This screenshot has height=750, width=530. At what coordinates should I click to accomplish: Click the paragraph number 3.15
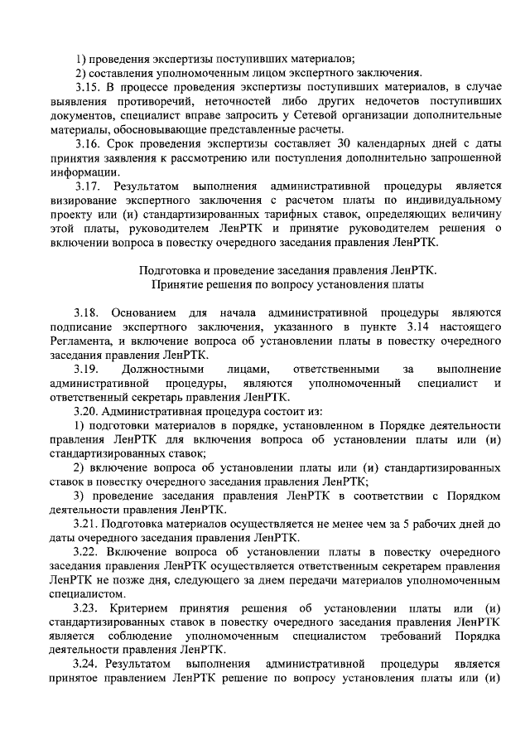click(x=86, y=87)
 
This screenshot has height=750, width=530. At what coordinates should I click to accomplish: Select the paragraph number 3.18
click(x=86, y=312)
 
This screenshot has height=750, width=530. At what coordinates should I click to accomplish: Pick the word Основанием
click(x=147, y=312)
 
